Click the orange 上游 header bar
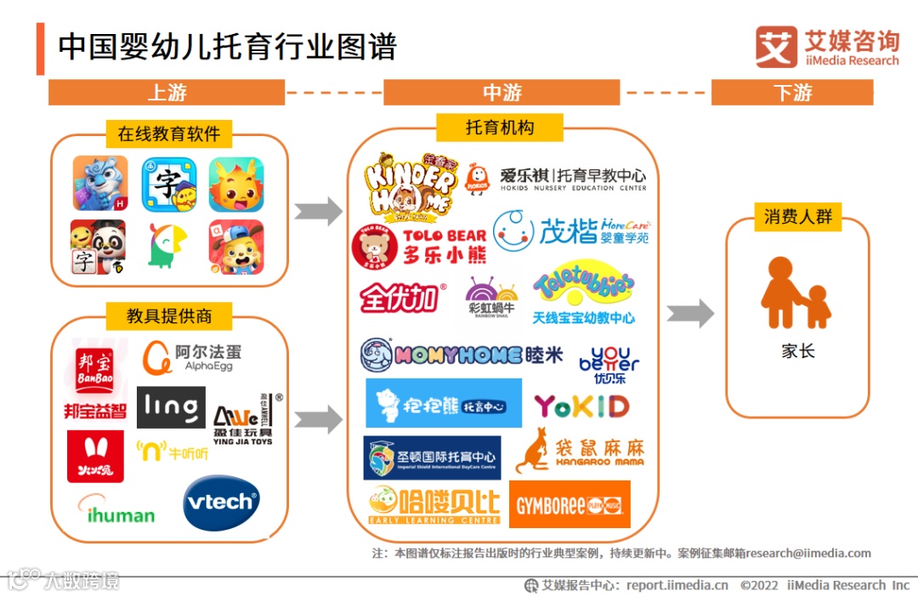(x=167, y=92)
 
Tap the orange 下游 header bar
(x=792, y=92)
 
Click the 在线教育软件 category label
(x=168, y=134)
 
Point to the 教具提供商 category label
(x=168, y=316)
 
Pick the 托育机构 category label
(x=500, y=128)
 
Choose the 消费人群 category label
(x=797, y=217)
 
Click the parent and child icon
(x=796, y=293)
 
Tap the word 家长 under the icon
(x=797, y=350)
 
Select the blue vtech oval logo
(x=221, y=503)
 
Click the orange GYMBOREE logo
(x=569, y=504)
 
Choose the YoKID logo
(x=581, y=407)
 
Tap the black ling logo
(x=171, y=407)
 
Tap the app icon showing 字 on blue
(x=168, y=184)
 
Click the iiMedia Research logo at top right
(x=826, y=47)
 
